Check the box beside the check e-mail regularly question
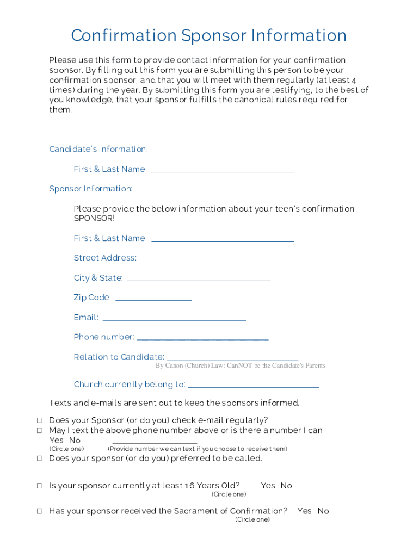40,420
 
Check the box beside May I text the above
40,430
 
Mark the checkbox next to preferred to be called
40,459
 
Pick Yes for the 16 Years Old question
268,486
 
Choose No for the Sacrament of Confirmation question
323,511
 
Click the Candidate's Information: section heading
98,149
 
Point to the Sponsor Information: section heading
91,189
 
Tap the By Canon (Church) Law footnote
240,366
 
